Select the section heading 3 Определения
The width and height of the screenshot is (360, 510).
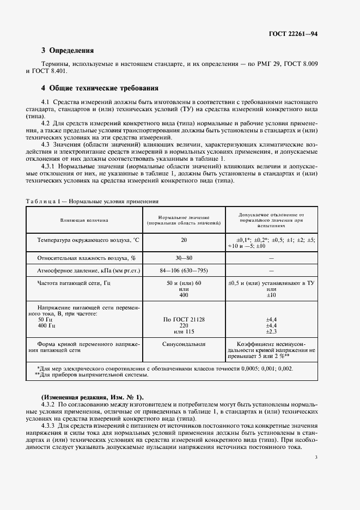[x=68, y=51]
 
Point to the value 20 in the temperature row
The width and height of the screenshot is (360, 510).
[x=184, y=240]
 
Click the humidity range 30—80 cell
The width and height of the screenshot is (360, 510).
[x=184, y=258]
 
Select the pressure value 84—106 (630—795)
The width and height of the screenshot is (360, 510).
[x=184, y=270]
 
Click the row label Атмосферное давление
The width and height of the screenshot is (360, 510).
[x=89, y=270]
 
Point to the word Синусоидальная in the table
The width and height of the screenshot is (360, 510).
[x=184, y=345]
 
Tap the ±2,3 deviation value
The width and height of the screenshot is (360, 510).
[x=272, y=331]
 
